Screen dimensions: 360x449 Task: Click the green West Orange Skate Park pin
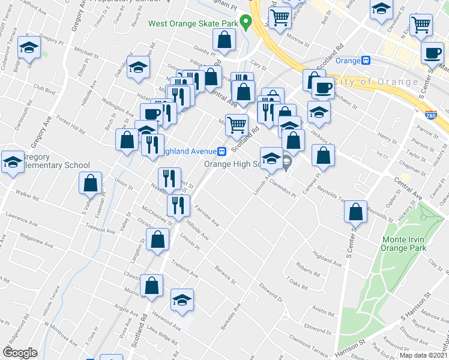tap(245, 23)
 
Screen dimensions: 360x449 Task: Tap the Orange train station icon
tap(365, 61)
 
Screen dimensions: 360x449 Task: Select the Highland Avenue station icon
tap(222, 151)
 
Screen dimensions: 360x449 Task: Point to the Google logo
tap(20, 352)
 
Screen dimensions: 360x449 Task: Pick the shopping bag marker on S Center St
tap(356, 212)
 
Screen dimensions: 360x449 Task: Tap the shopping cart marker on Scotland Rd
tap(237, 125)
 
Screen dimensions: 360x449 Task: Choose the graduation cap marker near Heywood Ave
tap(182, 301)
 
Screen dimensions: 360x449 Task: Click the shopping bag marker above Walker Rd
tap(90, 184)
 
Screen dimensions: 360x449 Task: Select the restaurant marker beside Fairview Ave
tap(178, 205)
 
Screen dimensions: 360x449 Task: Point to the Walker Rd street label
tap(28, 196)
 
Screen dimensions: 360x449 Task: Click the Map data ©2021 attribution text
tap(423, 355)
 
